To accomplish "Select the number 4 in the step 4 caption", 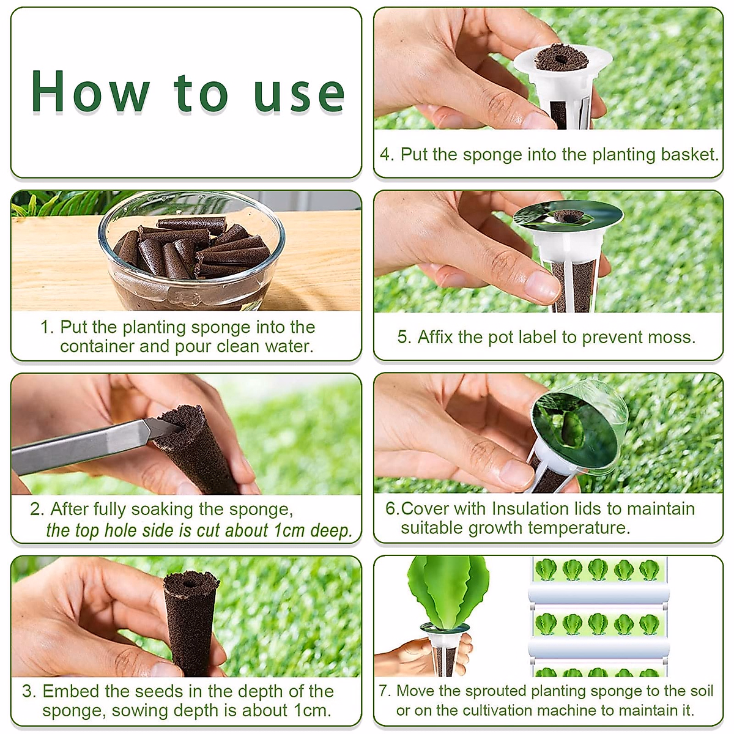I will [385, 154].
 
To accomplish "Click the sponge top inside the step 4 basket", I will [561, 59].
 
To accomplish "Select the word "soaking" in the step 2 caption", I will [163, 509].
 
